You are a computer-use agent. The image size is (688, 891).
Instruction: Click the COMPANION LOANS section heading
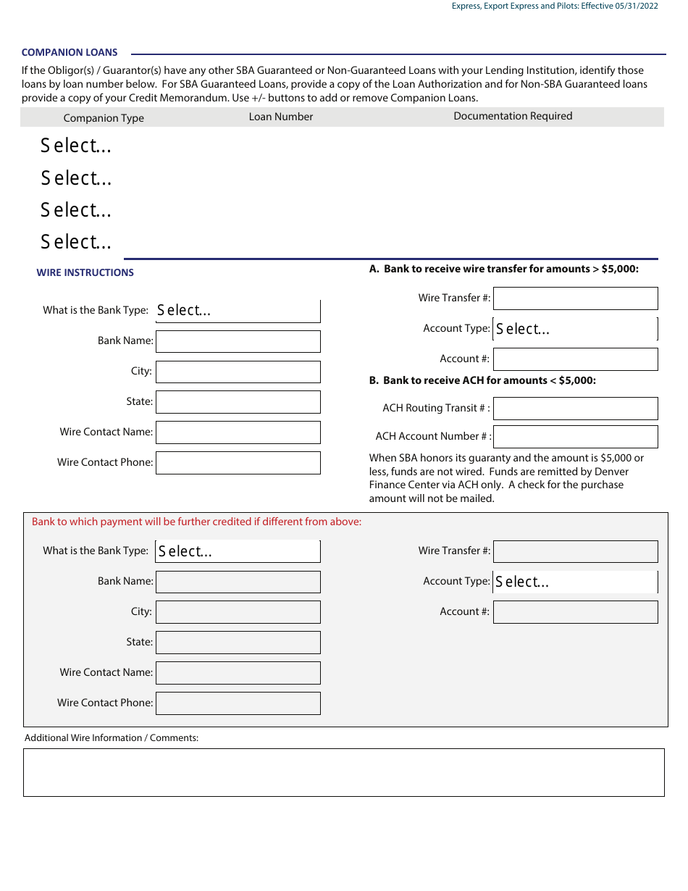(70, 53)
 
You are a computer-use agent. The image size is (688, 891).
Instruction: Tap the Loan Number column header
(281, 117)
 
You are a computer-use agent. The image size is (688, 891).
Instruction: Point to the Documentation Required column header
(513, 116)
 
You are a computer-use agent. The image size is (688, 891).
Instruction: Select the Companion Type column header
(104, 118)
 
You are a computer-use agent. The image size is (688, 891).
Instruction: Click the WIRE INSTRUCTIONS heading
(85, 273)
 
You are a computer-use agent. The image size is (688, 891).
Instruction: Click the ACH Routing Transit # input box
(575, 409)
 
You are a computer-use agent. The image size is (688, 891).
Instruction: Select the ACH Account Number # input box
(575, 437)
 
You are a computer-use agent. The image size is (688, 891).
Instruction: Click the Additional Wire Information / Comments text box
(343, 773)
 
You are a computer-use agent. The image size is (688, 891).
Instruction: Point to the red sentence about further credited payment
(196, 522)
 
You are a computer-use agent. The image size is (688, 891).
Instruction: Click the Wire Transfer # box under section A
(575, 298)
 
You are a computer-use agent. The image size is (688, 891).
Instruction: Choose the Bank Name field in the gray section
(238, 582)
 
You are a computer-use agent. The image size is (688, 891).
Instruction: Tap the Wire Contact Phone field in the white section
(238, 463)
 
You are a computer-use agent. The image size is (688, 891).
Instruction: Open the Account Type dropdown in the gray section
(575, 582)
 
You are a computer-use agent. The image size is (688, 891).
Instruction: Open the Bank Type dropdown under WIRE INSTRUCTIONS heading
(238, 311)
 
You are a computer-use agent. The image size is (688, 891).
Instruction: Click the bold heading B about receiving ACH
(482, 380)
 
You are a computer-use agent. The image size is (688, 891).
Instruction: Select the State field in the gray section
(238, 643)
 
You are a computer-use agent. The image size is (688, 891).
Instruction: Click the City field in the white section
(238, 372)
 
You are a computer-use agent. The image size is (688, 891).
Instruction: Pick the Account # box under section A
(575, 359)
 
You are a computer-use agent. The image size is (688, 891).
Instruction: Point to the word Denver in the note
(611, 472)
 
